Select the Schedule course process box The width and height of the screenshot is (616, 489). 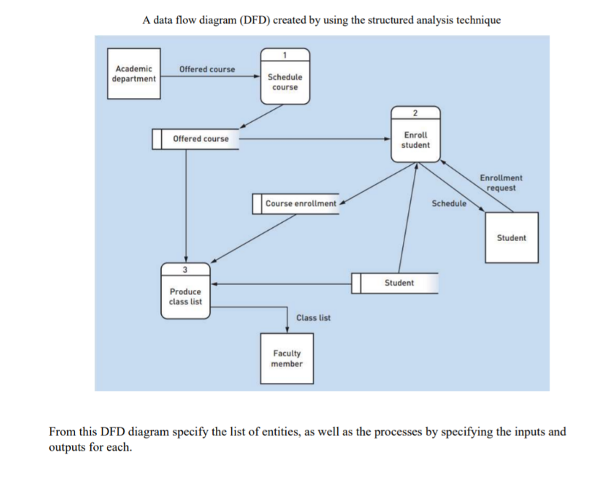(x=285, y=81)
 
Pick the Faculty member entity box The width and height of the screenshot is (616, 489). (x=287, y=358)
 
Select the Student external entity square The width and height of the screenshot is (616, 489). (x=511, y=238)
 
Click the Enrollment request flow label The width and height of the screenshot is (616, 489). (x=501, y=182)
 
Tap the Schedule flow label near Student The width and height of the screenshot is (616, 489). (x=448, y=203)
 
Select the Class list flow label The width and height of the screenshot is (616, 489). (x=313, y=317)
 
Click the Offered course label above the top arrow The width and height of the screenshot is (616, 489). (x=207, y=69)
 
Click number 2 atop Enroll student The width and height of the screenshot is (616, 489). (x=415, y=113)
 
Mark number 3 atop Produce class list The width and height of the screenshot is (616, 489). (x=186, y=270)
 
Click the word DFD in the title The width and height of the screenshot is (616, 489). (x=246, y=20)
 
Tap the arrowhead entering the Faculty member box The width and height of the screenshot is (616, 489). (x=287, y=330)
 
